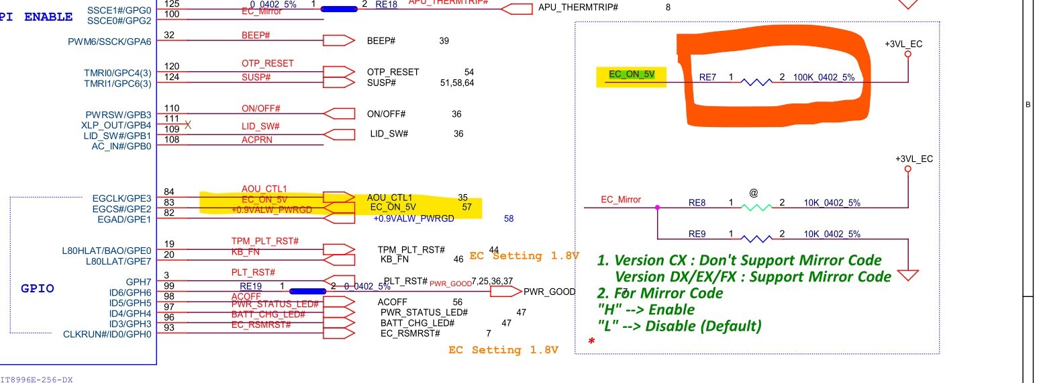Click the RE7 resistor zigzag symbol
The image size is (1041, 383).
click(756, 81)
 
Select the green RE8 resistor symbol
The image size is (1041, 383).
click(756, 208)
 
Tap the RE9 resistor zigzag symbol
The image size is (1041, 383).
click(756, 239)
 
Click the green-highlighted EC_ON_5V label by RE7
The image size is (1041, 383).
click(631, 75)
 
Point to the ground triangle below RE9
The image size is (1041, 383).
click(908, 275)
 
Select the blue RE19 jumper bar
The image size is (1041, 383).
click(307, 291)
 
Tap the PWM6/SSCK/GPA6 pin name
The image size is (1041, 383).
click(109, 41)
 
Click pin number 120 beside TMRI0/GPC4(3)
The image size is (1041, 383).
click(171, 66)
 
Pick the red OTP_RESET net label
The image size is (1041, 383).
click(267, 63)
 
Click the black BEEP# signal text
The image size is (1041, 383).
click(381, 41)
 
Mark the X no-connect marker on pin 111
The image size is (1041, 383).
click(188, 124)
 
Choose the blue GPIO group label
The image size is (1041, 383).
click(38, 289)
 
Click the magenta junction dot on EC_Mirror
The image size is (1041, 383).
click(657, 208)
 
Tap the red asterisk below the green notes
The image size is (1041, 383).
click(591, 341)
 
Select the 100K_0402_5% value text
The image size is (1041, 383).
click(824, 77)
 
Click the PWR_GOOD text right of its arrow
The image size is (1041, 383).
click(549, 292)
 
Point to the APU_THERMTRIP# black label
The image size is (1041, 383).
click(578, 7)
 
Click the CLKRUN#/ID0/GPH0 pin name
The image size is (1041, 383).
click(107, 334)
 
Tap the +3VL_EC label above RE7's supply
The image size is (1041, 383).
click(903, 44)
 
